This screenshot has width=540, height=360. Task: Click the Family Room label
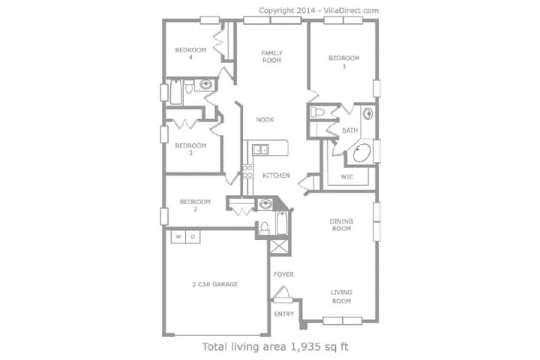(x=271, y=56)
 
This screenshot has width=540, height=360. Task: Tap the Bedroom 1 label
(x=344, y=62)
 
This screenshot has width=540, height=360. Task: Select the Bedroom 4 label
(x=190, y=53)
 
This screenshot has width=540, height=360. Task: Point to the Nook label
(x=265, y=119)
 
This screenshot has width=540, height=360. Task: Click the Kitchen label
(x=276, y=175)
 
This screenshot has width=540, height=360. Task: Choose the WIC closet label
(x=346, y=177)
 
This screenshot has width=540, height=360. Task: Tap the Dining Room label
(x=341, y=224)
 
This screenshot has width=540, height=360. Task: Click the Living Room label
(x=341, y=296)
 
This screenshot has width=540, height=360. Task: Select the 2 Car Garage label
(x=215, y=284)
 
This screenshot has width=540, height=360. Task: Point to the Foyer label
(x=283, y=274)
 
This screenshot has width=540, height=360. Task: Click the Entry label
(x=284, y=313)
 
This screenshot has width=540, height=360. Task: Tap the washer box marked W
(x=178, y=237)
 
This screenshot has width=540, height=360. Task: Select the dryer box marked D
(x=193, y=237)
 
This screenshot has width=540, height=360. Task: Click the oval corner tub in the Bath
(x=361, y=153)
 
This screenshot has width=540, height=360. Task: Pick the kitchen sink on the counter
(x=261, y=150)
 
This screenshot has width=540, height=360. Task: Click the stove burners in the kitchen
(x=247, y=172)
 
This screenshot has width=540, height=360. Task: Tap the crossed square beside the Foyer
(x=278, y=247)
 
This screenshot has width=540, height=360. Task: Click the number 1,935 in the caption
(x=306, y=346)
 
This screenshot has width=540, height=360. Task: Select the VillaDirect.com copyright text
(x=351, y=10)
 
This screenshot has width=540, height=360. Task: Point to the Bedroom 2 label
(x=195, y=205)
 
